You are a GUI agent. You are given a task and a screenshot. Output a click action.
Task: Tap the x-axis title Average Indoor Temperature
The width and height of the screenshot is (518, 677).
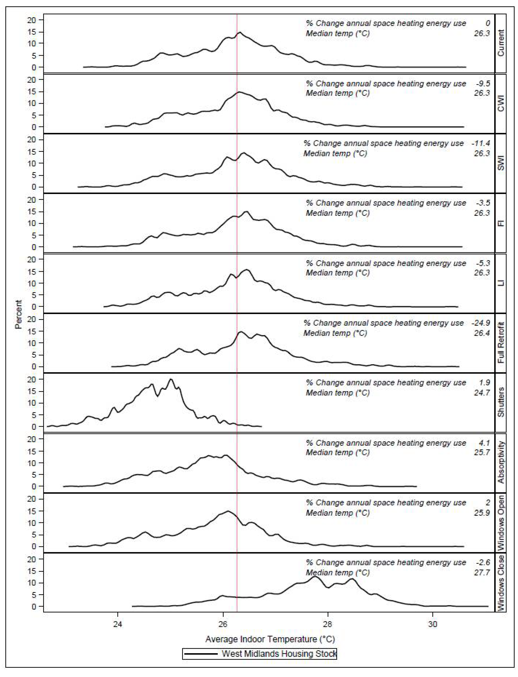[270, 639]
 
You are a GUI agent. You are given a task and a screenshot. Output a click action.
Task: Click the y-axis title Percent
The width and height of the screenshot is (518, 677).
[18, 314]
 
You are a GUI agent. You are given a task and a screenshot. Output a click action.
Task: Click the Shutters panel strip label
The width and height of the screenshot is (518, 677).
[501, 402]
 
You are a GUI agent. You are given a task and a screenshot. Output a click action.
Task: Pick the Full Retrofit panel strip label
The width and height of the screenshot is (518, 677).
[501, 342]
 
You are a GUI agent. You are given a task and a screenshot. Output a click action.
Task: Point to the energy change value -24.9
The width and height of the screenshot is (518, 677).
[481, 323]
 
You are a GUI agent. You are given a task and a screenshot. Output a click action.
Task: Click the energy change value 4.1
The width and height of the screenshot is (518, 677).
[484, 443]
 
